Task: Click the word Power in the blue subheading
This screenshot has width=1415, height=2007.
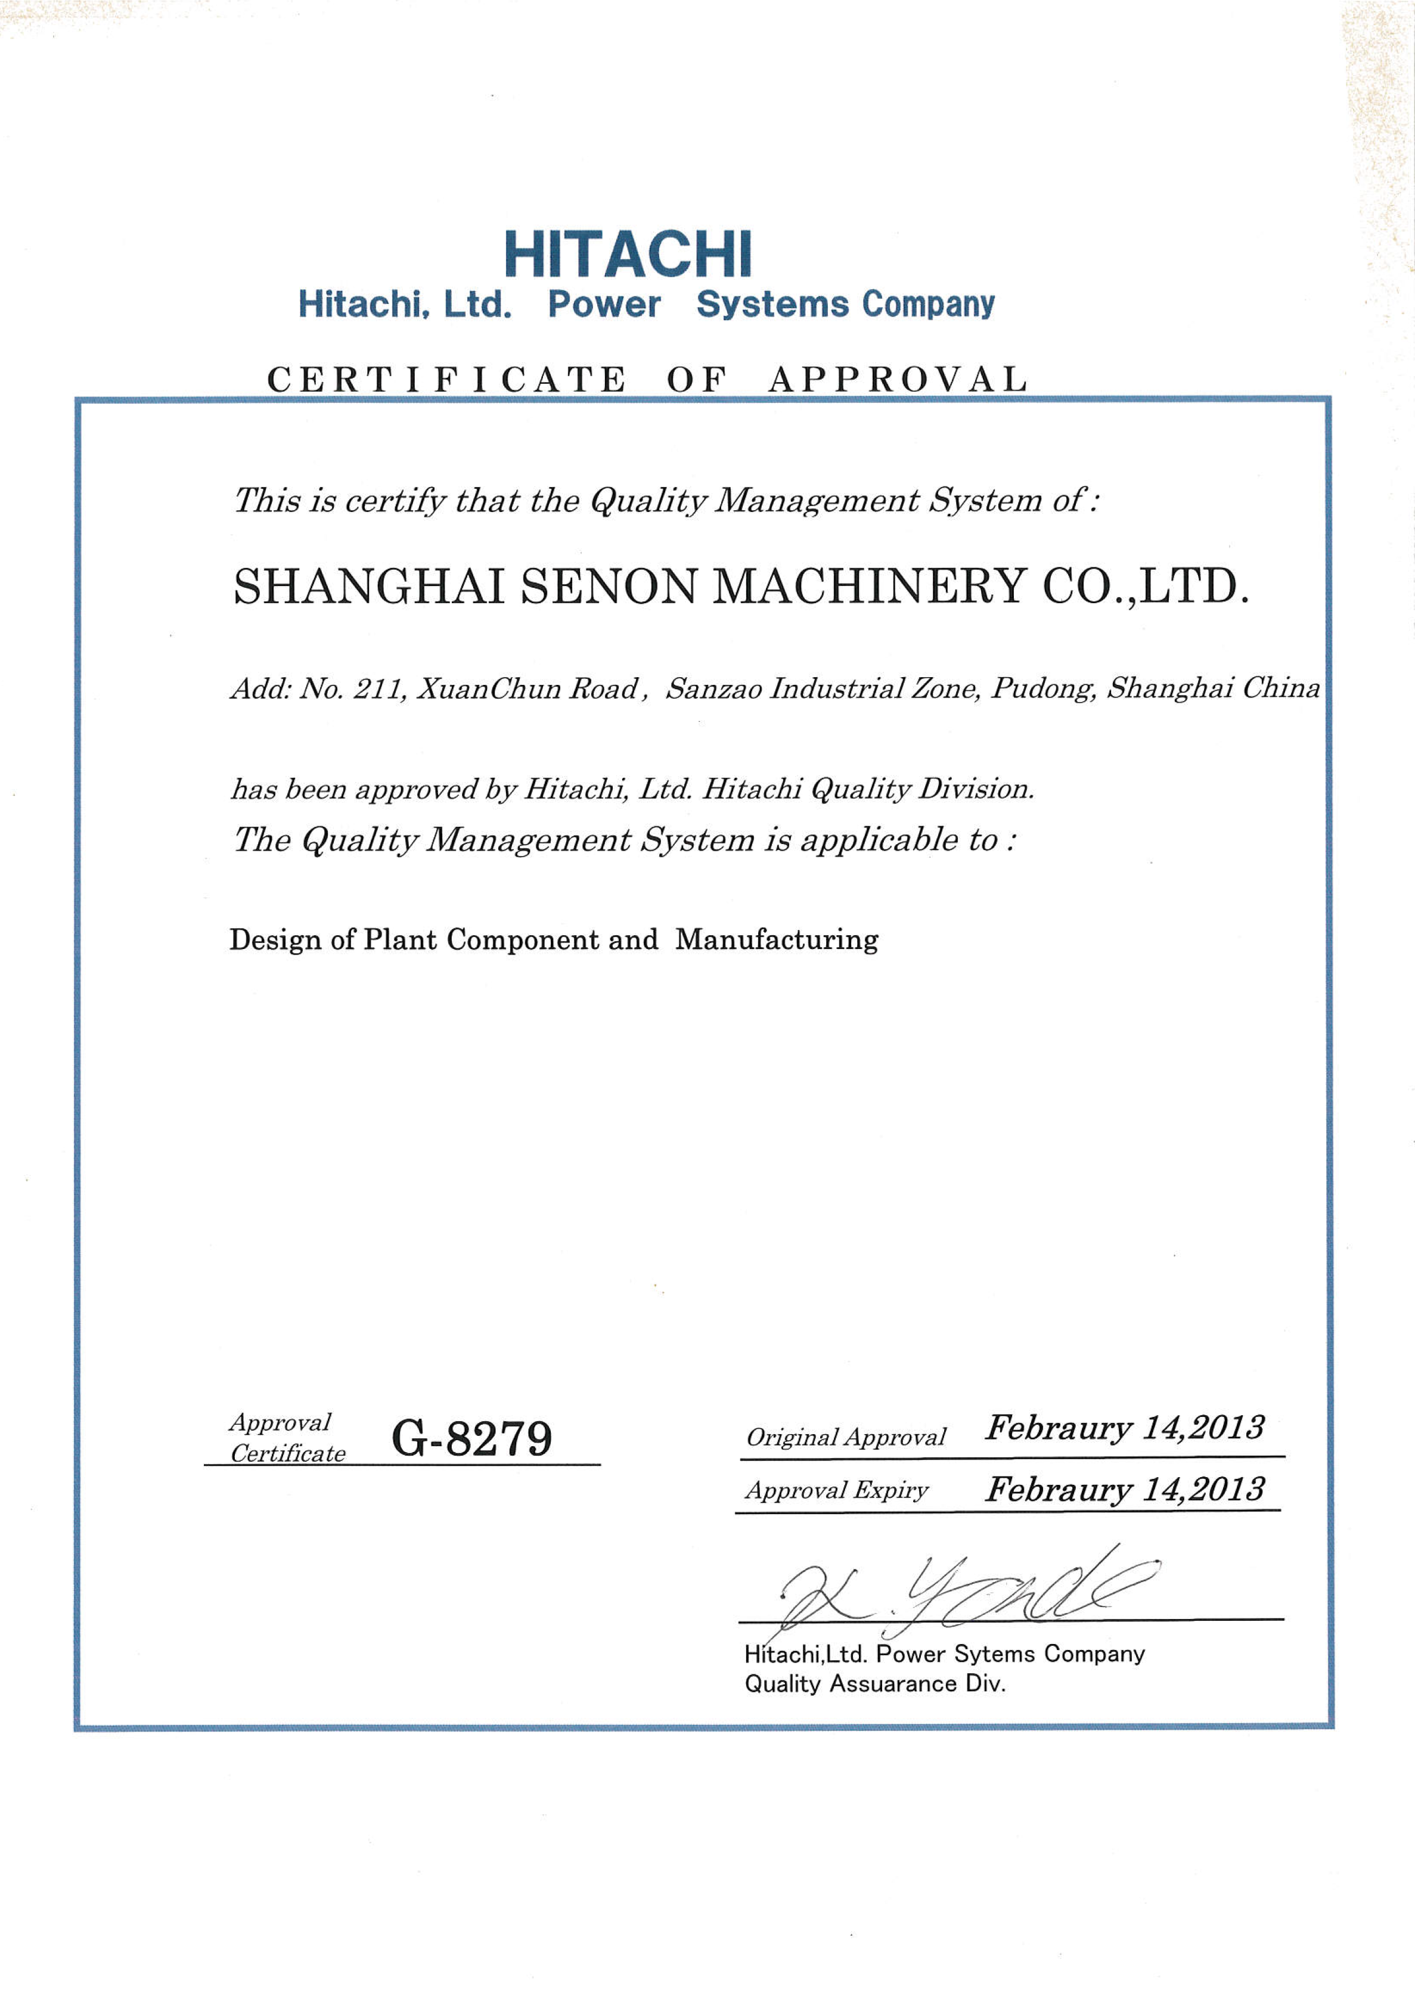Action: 604,304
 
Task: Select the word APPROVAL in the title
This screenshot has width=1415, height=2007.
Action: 898,379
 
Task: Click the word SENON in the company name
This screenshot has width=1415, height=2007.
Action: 609,587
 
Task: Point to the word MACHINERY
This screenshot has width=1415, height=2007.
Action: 869,587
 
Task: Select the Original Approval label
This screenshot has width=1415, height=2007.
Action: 845,1438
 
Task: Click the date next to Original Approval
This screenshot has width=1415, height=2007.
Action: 1124,1428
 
